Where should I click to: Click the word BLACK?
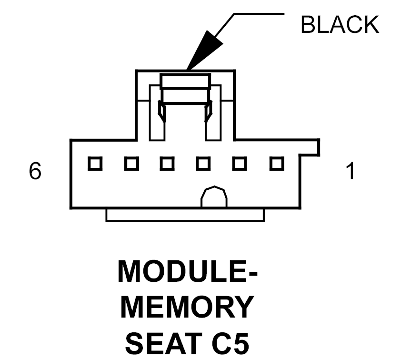(340, 25)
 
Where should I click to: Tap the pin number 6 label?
(35, 171)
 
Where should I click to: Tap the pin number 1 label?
(350, 171)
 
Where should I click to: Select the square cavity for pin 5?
(131, 164)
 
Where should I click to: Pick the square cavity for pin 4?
(167, 164)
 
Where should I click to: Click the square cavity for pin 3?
(203, 164)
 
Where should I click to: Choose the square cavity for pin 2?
(240, 164)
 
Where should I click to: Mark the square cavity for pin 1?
(276, 164)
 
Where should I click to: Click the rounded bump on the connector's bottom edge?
(214, 197)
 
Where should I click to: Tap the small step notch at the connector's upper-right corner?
(312, 148)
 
